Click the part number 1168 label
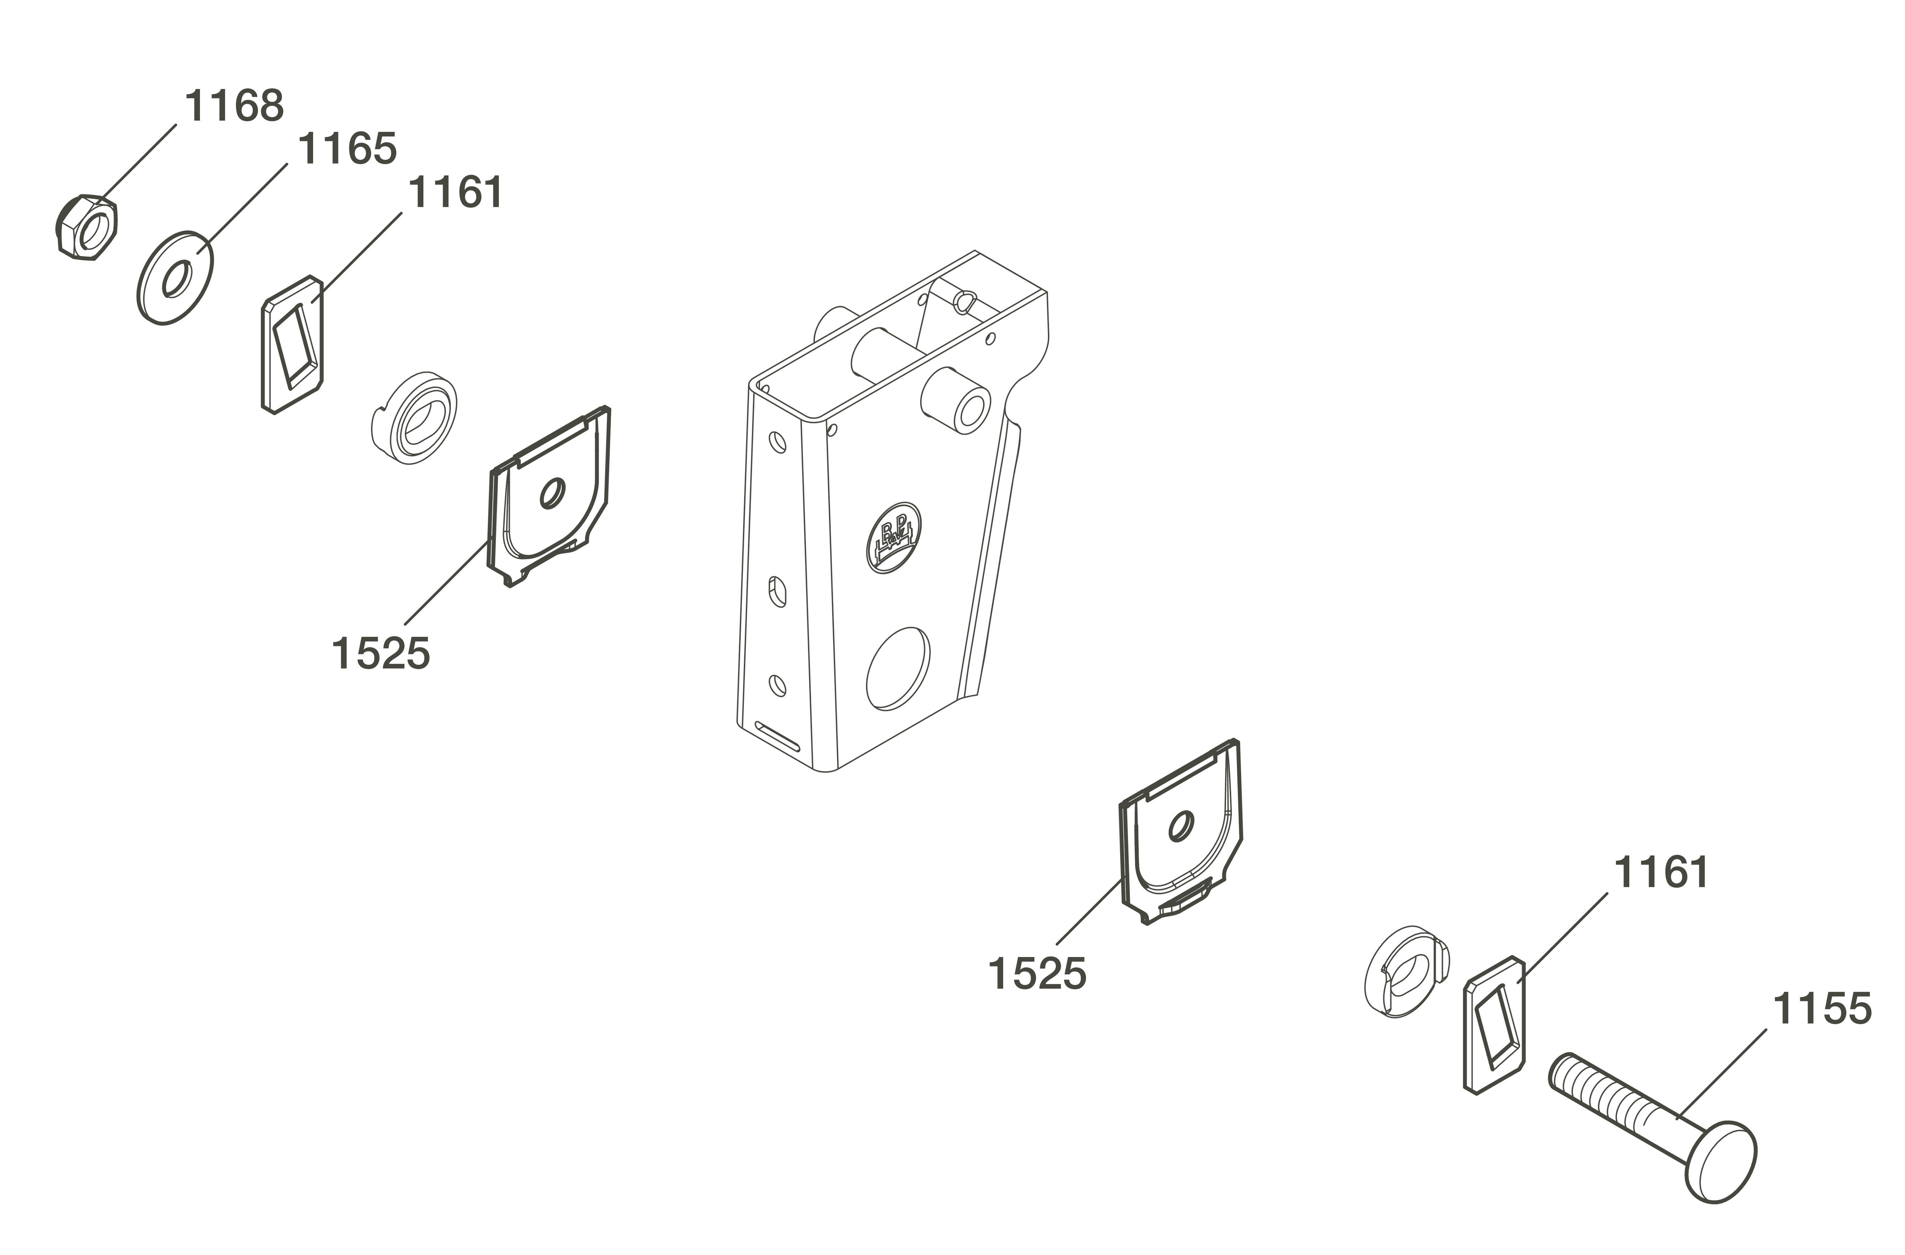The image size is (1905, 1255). pyautogui.click(x=234, y=106)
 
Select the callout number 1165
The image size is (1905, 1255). pyautogui.click(x=347, y=150)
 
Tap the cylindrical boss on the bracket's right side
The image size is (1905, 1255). pyautogui.click(x=957, y=400)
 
